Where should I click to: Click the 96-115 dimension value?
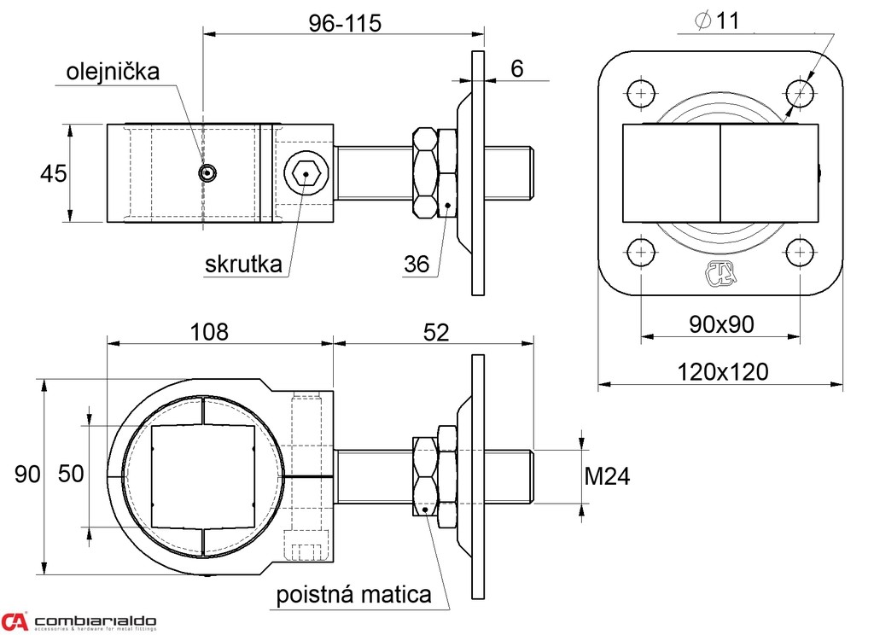tap(344, 23)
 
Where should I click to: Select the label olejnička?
tap(114, 72)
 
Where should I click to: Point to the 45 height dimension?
tap(53, 173)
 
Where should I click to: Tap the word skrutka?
tap(243, 265)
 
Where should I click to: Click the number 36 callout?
tap(417, 265)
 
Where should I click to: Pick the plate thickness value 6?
tap(517, 69)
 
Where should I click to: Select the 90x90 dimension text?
tap(721, 324)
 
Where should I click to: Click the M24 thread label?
tap(607, 477)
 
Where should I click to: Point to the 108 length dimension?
tap(210, 332)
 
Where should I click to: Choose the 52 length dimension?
tap(435, 332)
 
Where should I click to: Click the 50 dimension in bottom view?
tap(72, 474)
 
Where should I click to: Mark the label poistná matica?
tap(353, 595)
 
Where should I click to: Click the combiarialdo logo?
tap(79, 621)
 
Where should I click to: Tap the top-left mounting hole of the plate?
tap(641, 93)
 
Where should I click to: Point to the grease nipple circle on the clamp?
tap(206, 173)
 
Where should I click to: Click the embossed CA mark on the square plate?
tap(720, 274)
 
